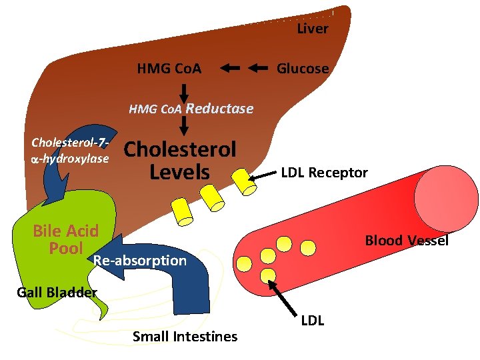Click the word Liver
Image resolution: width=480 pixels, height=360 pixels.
tap(312, 29)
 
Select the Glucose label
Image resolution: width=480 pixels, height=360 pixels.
tap(303, 69)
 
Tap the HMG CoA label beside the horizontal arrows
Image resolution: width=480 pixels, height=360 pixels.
tap(169, 69)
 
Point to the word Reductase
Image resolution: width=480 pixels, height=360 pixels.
tap(219, 109)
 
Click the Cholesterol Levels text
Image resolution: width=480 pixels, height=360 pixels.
tap(180, 161)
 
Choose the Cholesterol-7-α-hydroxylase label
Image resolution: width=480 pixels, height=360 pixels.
tap(70, 151)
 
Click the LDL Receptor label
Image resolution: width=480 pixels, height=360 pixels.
tap(324, 173)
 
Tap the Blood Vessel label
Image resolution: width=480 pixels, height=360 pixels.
tap(407, 241)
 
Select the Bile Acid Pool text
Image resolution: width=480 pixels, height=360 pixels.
tap(66, 239)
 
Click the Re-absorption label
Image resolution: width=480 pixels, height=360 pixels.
tap(140, 261)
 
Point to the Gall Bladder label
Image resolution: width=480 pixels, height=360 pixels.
tap(57, 292)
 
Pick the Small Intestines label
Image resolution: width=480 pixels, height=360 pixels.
tap(185, 337)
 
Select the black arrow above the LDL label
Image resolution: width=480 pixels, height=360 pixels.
tap(284, 295)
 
